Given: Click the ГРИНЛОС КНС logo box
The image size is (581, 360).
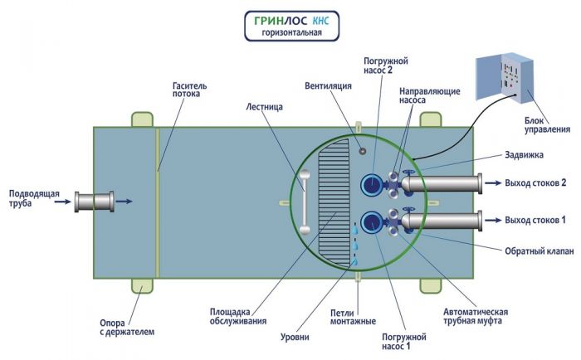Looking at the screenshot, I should click(291, 25).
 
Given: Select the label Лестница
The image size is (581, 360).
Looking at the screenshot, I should click(265, 106).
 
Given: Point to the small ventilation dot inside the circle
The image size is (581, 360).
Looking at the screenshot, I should click(361, 150).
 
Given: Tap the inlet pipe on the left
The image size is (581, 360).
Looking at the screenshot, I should click(94, 201).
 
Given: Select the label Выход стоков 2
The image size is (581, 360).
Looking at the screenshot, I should click(535, 182).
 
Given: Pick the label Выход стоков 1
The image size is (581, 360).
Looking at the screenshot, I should click(535, 220).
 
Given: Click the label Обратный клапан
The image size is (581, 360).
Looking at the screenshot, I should click(539, 251).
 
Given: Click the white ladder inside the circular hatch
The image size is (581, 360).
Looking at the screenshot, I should click(305, 202).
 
